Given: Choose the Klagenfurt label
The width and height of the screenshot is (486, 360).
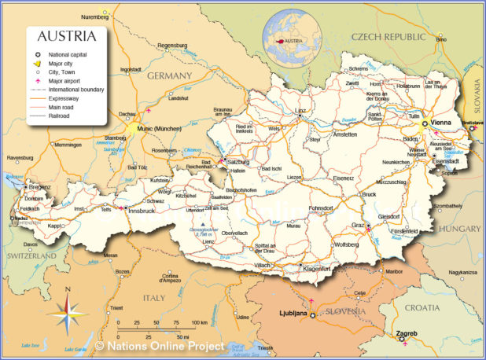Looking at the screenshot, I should [x=316, y=269].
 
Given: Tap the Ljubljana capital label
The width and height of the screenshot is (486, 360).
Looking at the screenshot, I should [x=292, y=313].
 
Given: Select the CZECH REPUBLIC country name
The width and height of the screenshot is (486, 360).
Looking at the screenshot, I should [x=388, y=36].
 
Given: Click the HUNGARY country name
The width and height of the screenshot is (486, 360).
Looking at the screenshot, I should [x=459, y=228].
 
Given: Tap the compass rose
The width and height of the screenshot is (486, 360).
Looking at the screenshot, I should [x=68, y=314].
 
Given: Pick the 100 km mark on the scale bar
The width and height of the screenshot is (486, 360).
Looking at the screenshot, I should [x=198, y=323].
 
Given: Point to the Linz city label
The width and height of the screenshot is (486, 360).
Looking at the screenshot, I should [x=300, y=111].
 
